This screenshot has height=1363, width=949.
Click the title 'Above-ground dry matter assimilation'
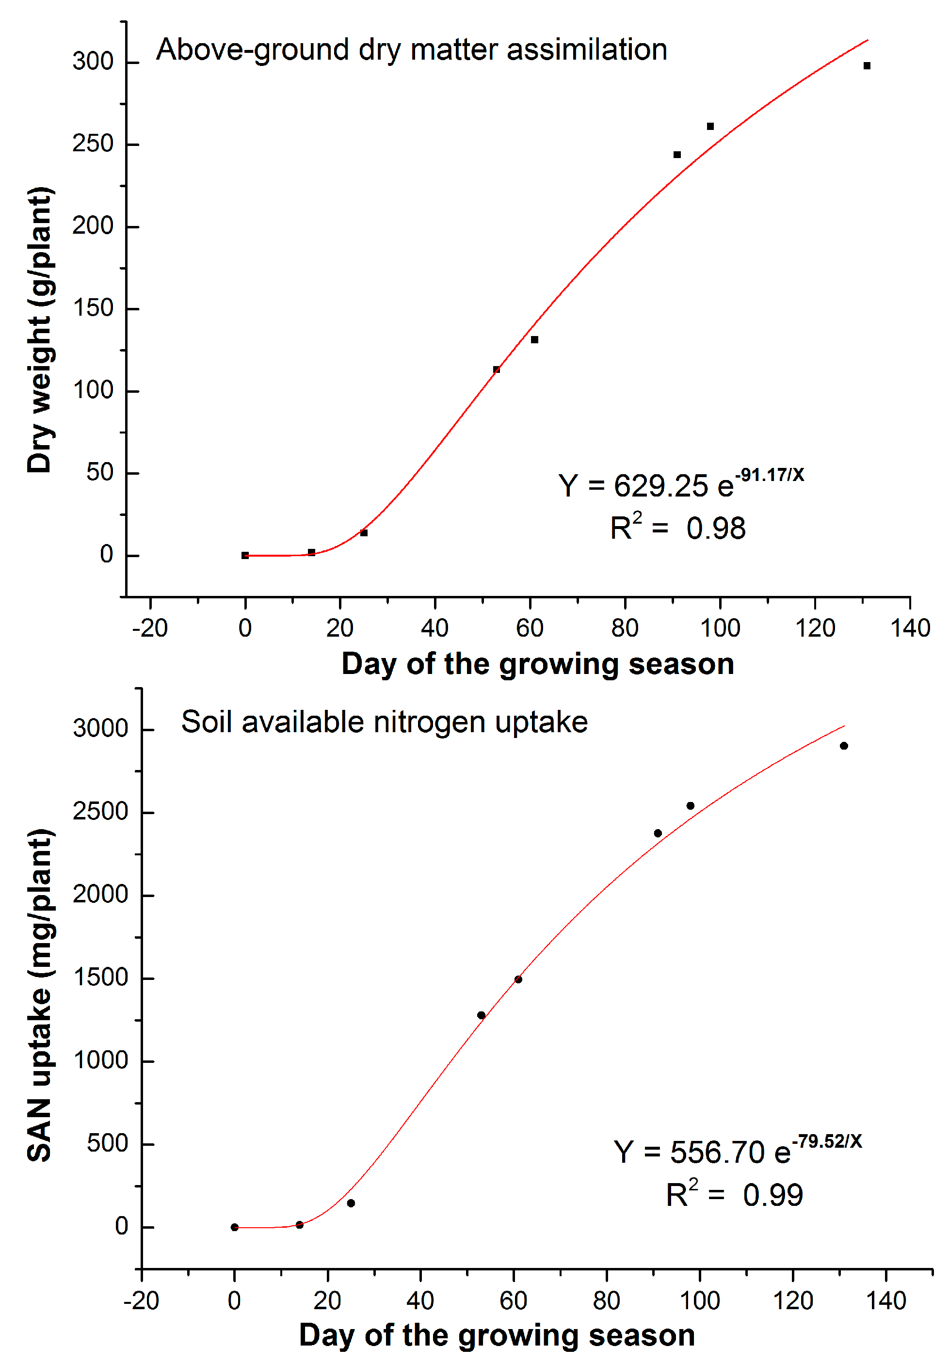[411, 50]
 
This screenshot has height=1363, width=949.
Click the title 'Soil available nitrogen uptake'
[384, 722]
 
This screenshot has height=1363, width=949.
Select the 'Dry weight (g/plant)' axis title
[40, 330]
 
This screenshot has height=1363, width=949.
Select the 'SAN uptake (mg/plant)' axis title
[40, 995]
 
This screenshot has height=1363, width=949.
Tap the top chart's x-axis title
[537, 664]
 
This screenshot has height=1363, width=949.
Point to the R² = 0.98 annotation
[677, 528]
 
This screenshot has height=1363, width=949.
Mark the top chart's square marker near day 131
[867, 66]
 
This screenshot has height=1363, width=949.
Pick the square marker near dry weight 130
[534, 339]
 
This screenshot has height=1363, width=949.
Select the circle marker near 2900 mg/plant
[844, 746]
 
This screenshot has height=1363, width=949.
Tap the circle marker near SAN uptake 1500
[518, 979]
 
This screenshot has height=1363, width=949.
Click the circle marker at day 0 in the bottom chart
[235, 1227]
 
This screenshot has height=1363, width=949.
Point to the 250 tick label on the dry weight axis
[93, 144]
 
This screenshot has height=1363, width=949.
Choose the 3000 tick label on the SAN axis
[100, 729]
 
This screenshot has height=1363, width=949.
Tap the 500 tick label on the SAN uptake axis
[108, 1143]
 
